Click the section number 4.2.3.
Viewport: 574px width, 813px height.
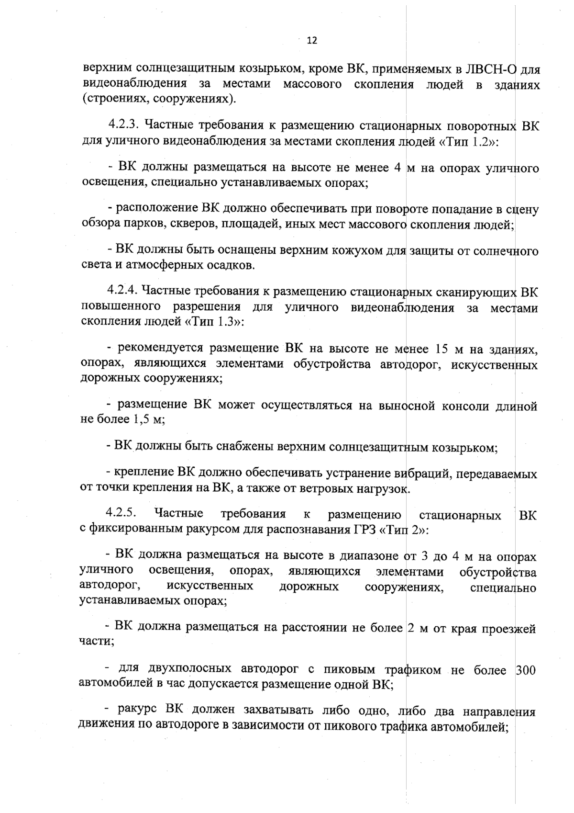tap(123, 125)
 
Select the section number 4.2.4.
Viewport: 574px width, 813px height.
tap(122, 290)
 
